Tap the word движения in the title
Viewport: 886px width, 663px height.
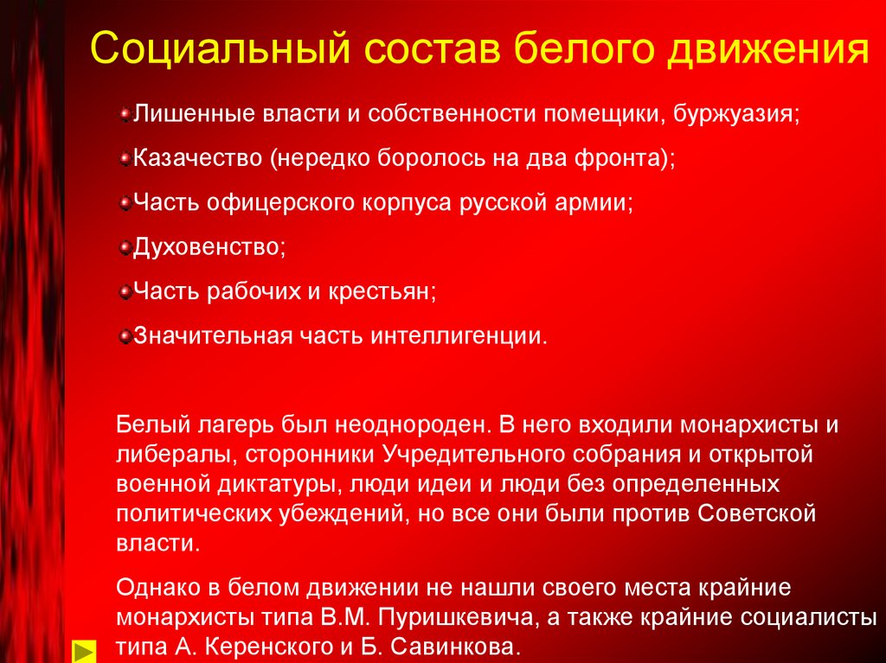[x=768, y=50]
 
